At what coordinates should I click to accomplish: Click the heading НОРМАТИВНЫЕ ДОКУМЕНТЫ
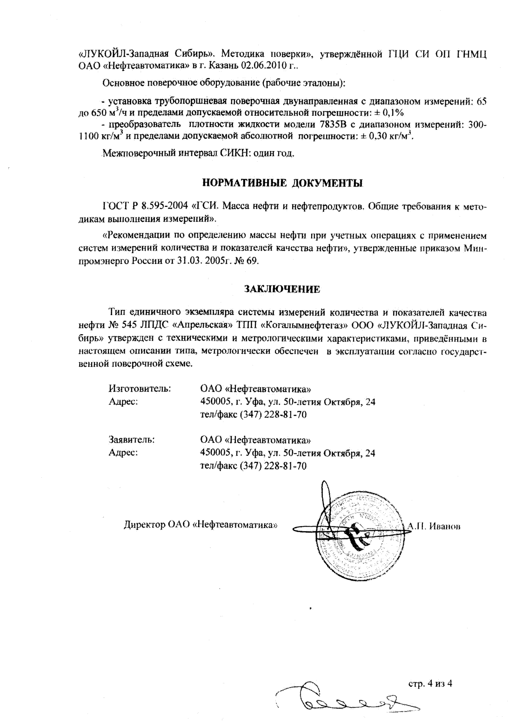[282, 182]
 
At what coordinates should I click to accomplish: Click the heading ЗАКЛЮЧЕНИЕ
[282, 289]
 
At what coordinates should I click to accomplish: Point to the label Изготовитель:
[140, 388]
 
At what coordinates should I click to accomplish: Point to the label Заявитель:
[132, 439]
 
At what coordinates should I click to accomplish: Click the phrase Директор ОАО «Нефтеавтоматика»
[201, 526]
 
